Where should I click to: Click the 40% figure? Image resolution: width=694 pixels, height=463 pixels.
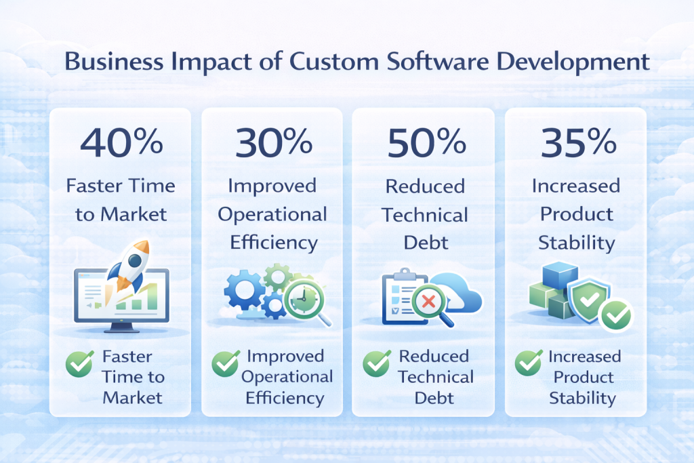coord(122,142)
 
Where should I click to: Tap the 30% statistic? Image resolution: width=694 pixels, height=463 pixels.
coord(273,142)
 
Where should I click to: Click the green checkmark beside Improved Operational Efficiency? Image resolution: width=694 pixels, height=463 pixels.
coord(226,364)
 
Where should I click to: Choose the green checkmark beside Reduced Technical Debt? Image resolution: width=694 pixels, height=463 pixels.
coord(377,364)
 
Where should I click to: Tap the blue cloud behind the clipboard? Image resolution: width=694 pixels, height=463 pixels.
coord(462,295)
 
